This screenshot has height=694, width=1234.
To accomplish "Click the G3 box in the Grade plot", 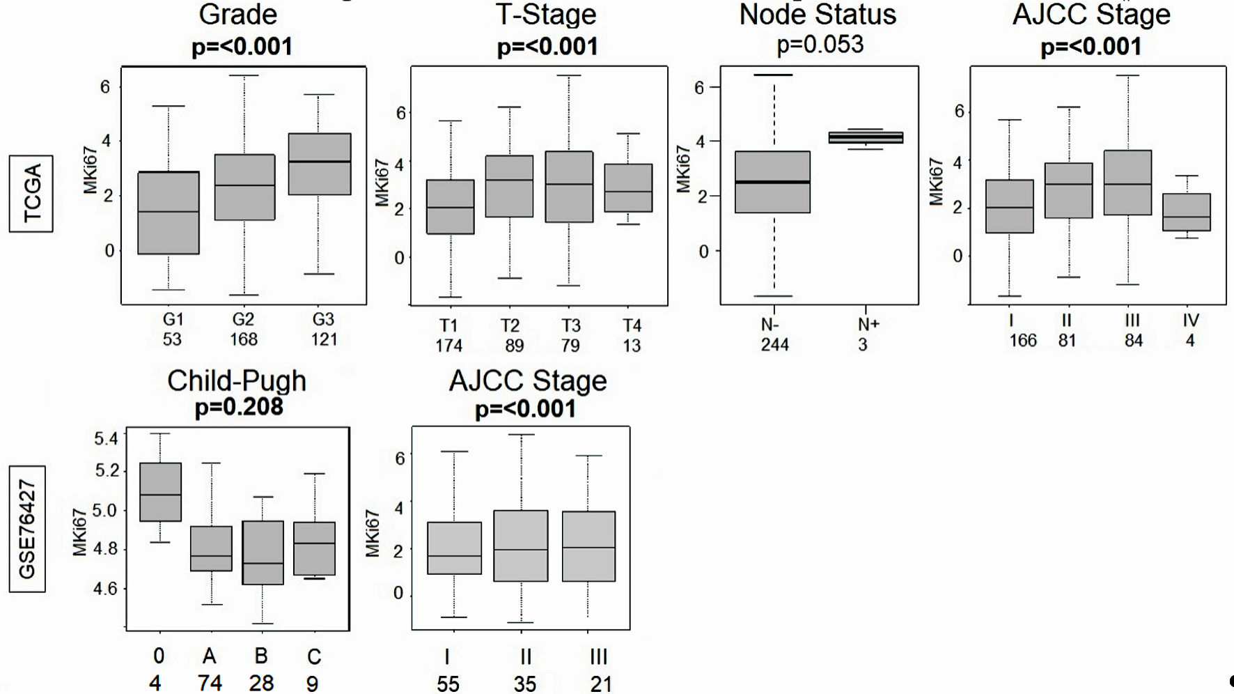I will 320,164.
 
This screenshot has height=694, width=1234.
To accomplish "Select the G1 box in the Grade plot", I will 169,213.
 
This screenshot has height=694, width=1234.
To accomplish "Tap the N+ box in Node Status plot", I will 866,138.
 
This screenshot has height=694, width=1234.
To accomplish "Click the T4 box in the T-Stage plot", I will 628,188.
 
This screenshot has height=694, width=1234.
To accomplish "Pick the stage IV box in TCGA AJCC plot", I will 1187,212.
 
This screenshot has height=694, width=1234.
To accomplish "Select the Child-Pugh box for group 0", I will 161,492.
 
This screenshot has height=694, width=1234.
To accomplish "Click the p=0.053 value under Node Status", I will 820,45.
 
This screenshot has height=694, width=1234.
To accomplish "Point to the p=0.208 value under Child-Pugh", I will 239,407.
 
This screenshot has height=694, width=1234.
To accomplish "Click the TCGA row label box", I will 31,194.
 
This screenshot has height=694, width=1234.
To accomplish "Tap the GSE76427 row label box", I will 27,529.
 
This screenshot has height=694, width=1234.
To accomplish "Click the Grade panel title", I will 238,15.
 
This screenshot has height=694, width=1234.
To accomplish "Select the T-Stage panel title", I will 547,15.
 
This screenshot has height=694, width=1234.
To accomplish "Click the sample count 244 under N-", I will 774,345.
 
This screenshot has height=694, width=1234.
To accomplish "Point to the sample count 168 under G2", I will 244,339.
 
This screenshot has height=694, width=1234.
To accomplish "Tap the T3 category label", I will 571,325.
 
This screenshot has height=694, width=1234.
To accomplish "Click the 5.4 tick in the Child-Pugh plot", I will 106,439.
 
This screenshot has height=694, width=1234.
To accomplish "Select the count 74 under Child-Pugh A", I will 210,683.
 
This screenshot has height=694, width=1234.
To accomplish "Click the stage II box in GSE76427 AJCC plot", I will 521,546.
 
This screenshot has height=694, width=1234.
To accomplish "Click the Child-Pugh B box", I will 263,553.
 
